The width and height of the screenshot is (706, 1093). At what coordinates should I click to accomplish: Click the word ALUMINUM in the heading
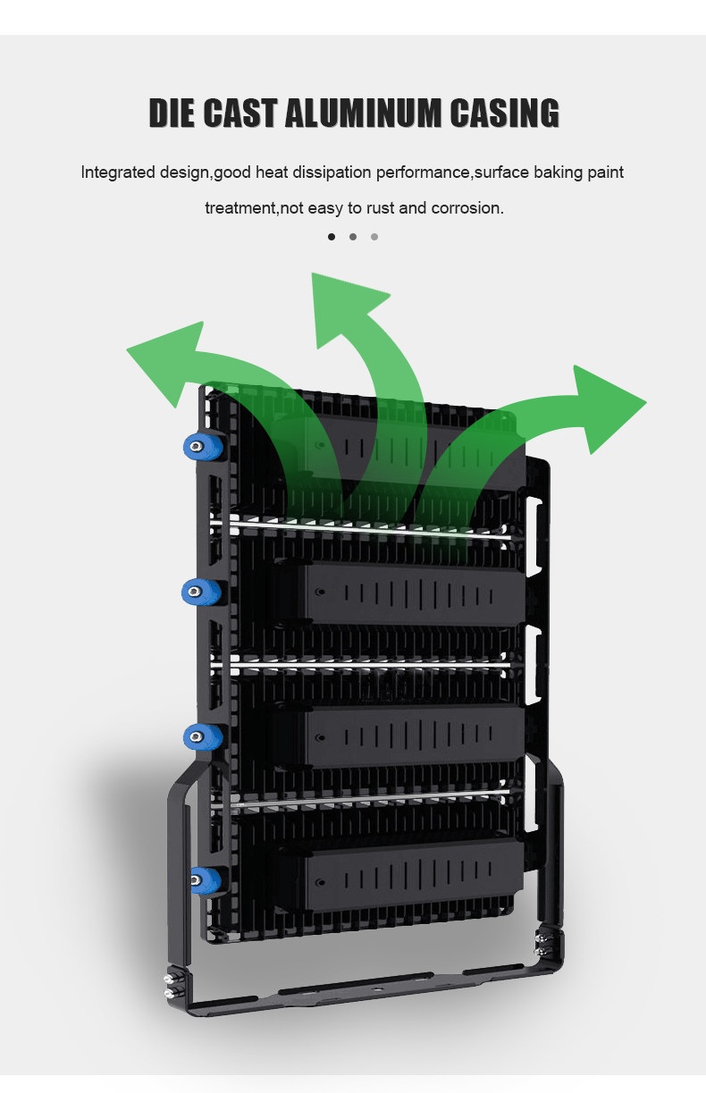(x=363, y=113)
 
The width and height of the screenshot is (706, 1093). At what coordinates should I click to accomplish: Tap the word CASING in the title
(x=505, y=113)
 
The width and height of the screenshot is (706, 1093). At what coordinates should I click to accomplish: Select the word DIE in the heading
(x=172, y=113)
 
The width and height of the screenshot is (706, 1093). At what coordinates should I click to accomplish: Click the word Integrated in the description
(x=118, y=172)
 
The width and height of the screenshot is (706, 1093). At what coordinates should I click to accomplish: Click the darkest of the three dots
(x=332, y=237)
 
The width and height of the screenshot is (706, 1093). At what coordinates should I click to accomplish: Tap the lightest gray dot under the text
(x=374, y=237)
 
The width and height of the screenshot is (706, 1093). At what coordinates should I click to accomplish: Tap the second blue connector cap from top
(x=200, y=592)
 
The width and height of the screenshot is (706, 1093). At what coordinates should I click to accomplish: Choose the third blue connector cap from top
(x=202, y=736)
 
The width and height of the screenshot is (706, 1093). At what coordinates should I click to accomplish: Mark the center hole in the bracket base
(x=378, y=990)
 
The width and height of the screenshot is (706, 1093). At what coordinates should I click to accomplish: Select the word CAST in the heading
(x=240, y=113)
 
